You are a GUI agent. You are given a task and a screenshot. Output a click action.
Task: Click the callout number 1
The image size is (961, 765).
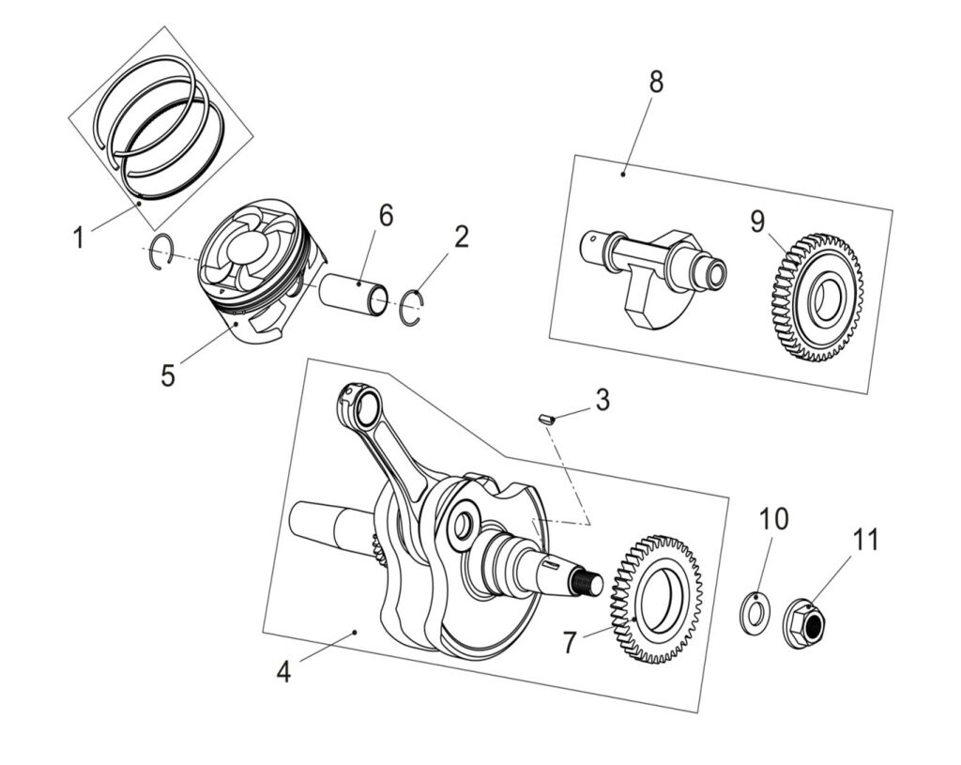tap(80, 237)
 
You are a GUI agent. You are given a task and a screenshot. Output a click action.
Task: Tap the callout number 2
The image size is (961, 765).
tap(460, 237)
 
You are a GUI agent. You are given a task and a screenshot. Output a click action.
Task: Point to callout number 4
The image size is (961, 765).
tap(284, 672)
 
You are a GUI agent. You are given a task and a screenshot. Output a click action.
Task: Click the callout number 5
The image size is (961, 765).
tap(167, 375)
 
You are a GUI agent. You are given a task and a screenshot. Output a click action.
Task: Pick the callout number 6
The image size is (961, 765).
tap(386, 215)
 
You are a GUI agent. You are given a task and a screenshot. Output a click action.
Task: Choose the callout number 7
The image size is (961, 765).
tap(570, 643)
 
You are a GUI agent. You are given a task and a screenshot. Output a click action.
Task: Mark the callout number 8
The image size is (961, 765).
tap(655, 82)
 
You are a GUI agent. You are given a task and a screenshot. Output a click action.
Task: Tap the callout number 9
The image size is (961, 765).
tap(758, 222)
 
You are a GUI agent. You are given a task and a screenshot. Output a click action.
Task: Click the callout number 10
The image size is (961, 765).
tap(774, 518)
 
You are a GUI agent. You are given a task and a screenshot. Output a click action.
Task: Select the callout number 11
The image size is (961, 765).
tap(865, 540)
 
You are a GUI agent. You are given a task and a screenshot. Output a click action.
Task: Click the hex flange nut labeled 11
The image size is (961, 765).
tap(804, 622)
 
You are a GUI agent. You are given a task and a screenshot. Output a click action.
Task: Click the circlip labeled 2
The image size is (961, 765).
tap(411, 308)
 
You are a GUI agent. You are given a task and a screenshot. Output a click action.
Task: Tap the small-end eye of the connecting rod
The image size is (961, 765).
tap(361, 406)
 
